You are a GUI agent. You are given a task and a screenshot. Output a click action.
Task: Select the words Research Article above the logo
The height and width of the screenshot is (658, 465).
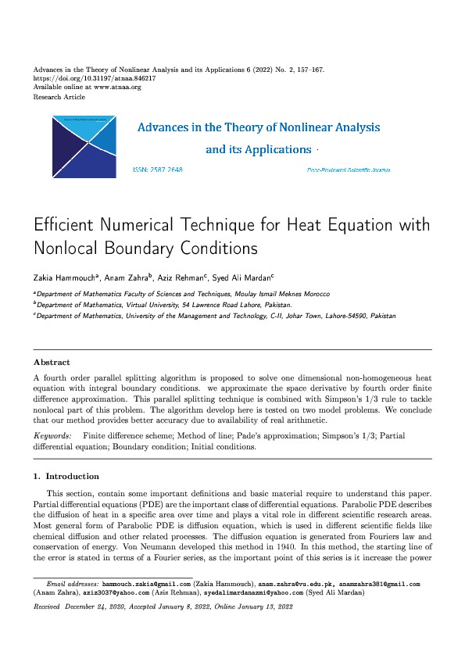click(59, 97)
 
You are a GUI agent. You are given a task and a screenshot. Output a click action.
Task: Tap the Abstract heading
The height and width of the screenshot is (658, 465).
click(52, 363)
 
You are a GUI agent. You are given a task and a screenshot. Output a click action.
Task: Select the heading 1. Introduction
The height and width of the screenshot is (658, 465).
click(66, 476)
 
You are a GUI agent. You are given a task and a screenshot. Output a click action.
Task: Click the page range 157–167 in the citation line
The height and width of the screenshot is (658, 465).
click(307, 70)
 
